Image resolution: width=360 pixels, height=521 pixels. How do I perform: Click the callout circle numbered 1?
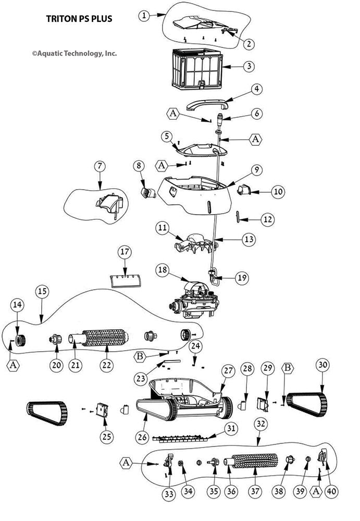(x=144, y=16)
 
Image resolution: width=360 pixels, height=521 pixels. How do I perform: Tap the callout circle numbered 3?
(x=250, y=66)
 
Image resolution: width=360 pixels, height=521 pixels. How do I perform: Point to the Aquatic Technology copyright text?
(x=74, y=53)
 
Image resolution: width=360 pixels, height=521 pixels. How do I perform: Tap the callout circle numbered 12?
(x=267, y=219)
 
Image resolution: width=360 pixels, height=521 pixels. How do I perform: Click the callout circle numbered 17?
(x=124, y=252)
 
